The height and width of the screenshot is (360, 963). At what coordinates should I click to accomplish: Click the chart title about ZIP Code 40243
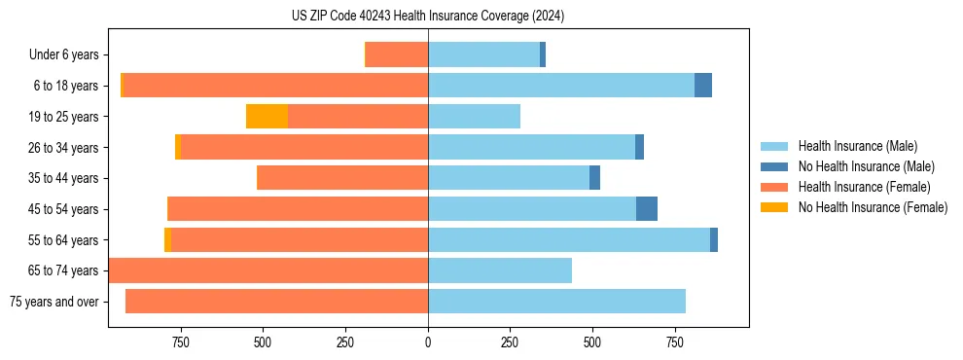(x=428, y=17)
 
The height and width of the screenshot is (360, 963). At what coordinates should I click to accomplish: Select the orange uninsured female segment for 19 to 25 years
(x=267, y=117)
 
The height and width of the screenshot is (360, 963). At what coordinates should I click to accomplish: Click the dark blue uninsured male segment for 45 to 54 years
(x=647, y=209)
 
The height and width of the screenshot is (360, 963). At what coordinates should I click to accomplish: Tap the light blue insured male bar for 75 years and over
(x=556, y=302)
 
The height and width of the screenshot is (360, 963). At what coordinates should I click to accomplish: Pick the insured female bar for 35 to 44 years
(x=342, y=178)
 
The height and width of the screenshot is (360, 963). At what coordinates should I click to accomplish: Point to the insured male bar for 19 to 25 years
(x=474, y=117)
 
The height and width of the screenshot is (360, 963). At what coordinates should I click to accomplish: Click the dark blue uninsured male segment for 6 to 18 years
(x=703, y=86)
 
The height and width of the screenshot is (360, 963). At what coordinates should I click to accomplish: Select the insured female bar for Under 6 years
(x=397, y=55)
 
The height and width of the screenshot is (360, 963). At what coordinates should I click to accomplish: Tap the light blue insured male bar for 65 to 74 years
(x=500, y=270)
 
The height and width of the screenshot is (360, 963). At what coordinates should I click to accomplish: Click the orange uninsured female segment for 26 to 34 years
(x=178, y=148)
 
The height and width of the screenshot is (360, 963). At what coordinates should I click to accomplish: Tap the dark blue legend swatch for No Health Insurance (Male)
(x=775, y=166)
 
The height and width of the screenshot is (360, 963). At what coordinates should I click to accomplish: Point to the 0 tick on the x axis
(x=428, y=342)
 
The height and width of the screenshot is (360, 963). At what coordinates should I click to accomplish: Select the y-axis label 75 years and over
(x=54, y=302)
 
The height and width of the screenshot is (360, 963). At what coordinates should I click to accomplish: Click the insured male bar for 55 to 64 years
(x=569, y=240)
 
